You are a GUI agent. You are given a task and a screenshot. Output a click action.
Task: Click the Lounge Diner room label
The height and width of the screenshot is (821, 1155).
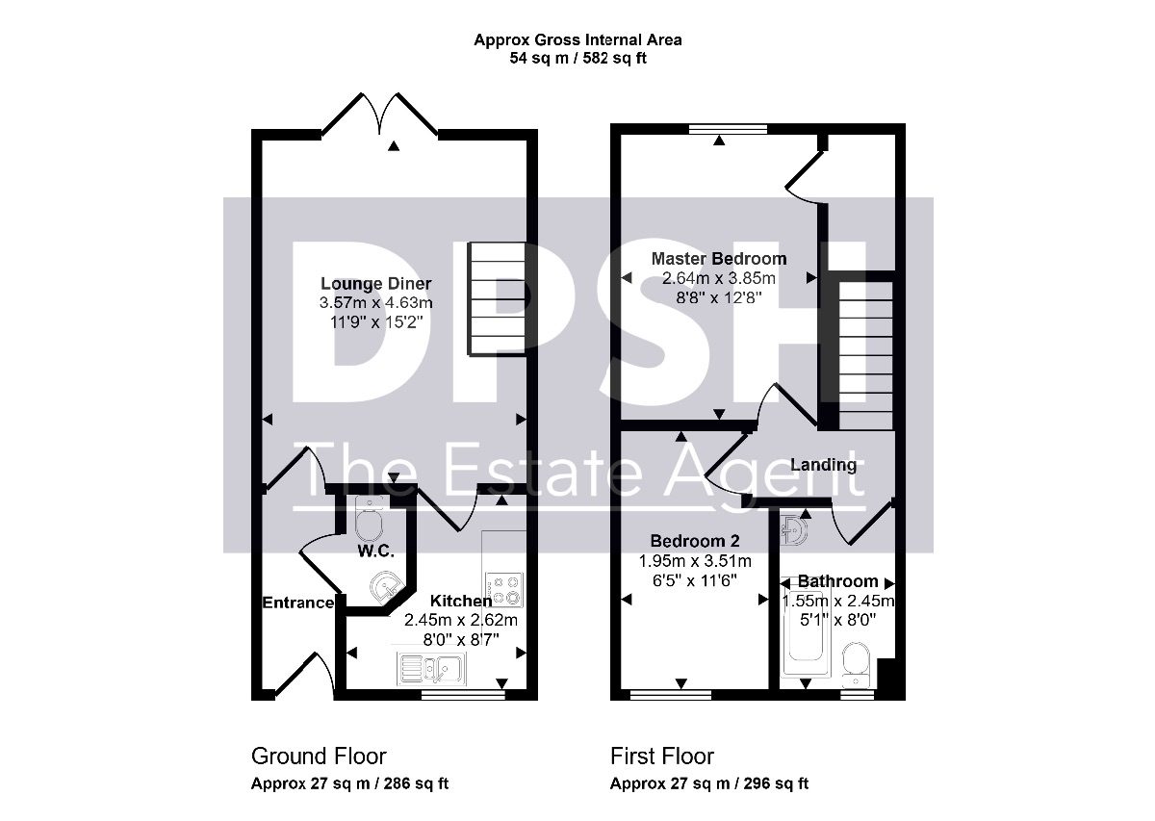(376, 284)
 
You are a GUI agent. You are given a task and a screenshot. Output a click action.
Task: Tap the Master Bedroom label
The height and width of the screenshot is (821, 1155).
(719, 258)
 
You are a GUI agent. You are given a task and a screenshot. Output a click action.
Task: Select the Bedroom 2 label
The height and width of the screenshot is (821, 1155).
(695, 541)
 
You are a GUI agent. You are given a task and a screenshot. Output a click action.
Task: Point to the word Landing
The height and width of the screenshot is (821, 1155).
(824, 465)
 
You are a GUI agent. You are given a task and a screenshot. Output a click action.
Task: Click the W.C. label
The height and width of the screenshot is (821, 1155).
(376, 552)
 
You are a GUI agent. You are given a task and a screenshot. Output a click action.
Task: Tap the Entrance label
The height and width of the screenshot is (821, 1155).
(298, 603)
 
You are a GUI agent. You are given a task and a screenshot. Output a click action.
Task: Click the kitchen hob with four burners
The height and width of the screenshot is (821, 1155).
(504, 590)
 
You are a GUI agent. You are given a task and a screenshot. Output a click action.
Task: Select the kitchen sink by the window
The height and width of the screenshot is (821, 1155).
(431, 669)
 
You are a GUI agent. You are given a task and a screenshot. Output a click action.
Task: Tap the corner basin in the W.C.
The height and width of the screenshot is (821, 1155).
(385, 587)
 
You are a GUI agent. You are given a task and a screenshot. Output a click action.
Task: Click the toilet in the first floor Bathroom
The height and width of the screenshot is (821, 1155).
(857, 665)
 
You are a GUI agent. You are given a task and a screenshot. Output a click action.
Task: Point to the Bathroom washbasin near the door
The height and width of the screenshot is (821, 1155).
(794, 530)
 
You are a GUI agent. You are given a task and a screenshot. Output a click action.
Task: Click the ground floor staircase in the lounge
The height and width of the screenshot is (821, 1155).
(497, 299)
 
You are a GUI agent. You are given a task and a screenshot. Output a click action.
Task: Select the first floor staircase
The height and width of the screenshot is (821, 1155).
(866, 355)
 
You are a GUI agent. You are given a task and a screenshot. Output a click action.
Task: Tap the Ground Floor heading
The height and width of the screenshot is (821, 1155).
(319, 757)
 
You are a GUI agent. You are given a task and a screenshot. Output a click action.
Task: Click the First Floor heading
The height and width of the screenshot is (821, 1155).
(662, 757)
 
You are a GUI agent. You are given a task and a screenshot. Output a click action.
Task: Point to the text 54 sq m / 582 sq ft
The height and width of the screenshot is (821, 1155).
(578, 59)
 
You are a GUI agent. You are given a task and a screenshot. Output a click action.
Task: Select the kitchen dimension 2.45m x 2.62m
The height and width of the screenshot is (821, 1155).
(460, 620)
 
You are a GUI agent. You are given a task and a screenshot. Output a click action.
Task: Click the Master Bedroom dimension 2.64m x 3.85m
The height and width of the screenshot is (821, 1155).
(719, 278)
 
